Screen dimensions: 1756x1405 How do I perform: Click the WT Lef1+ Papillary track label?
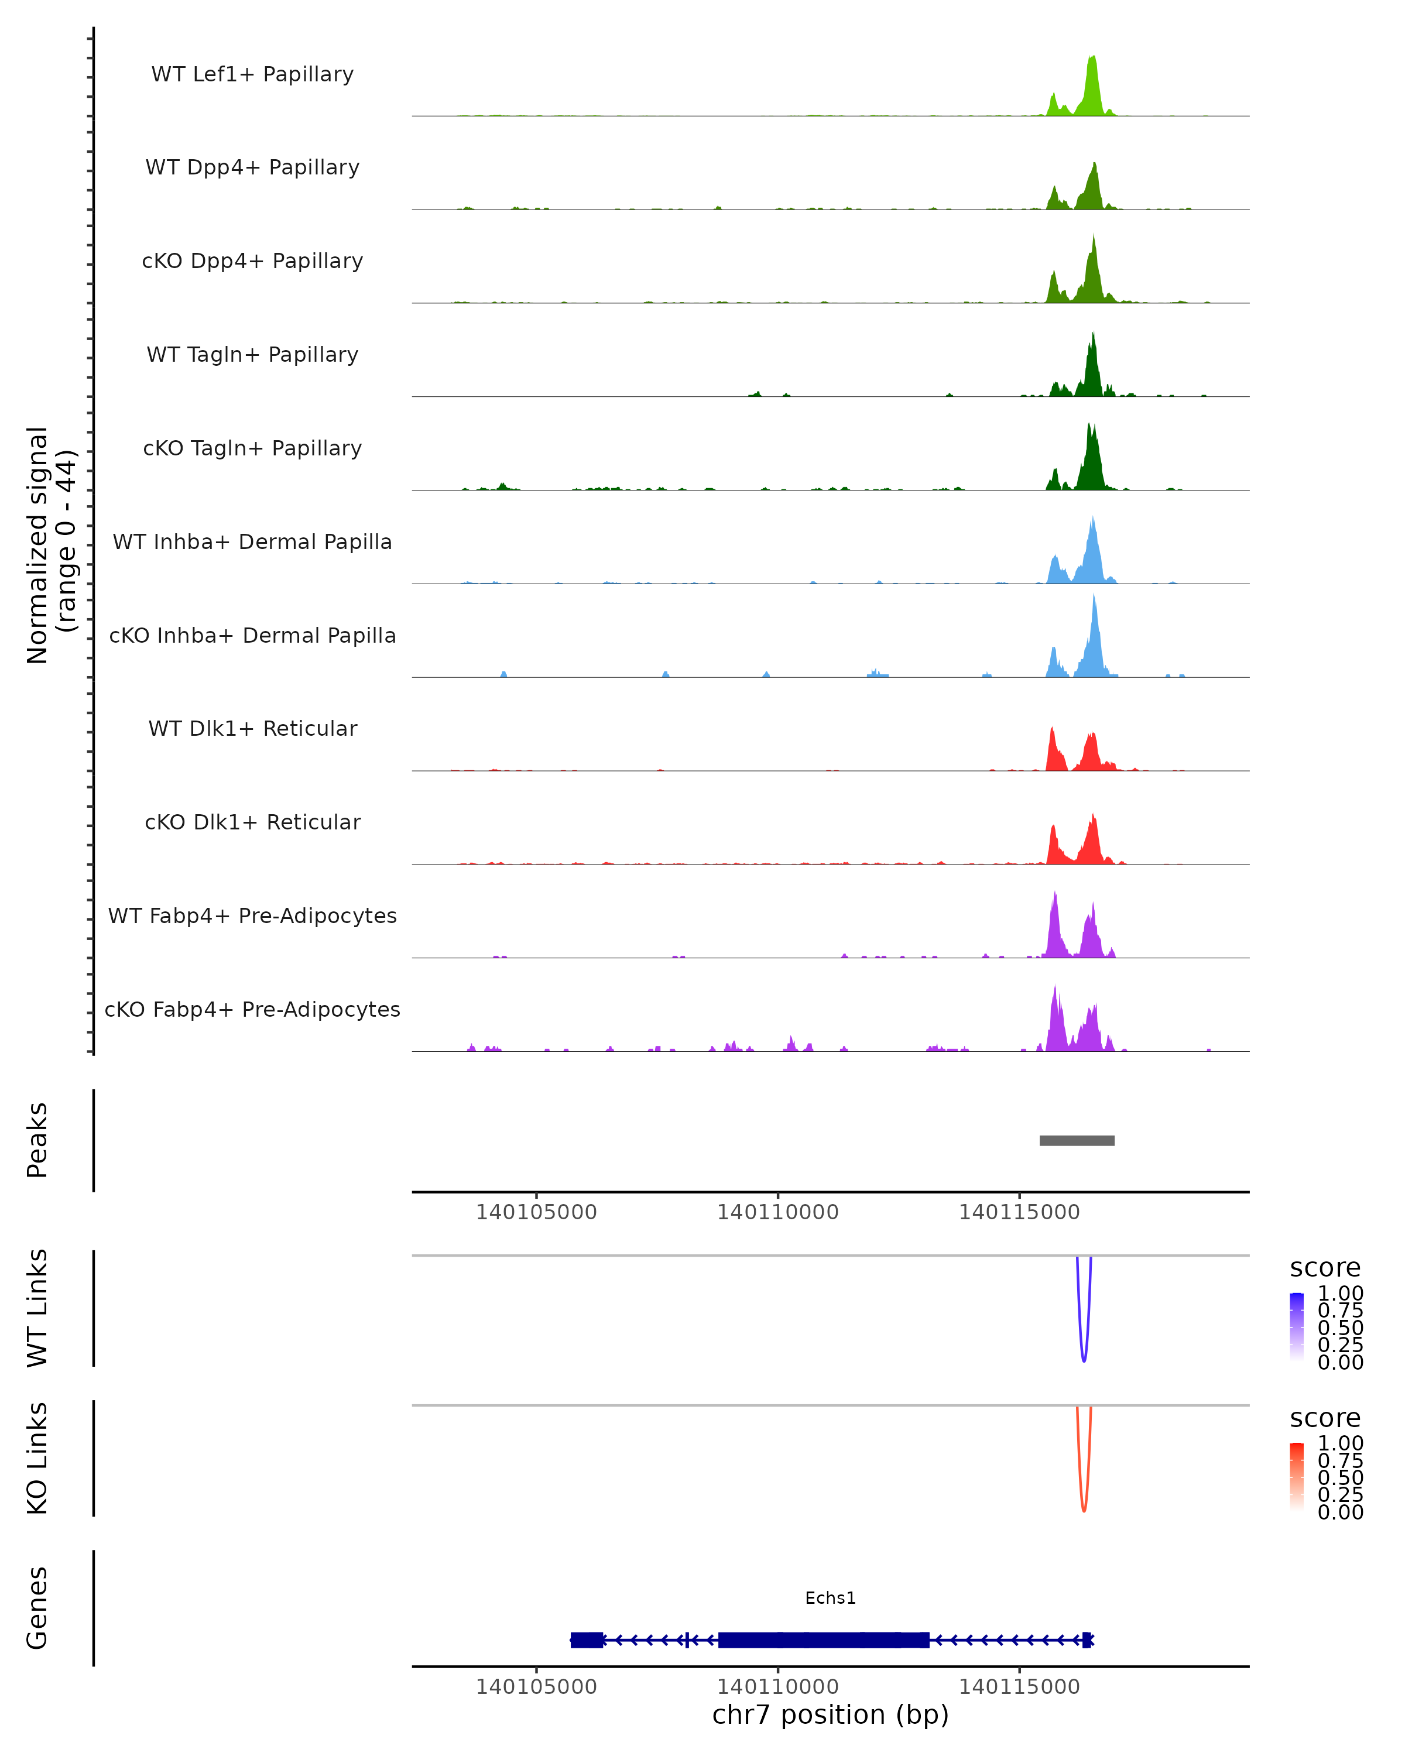tap(252, 74)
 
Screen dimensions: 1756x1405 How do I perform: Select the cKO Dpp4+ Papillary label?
tap(252, 262)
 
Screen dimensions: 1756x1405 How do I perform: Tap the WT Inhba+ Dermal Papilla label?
tap(252, 543)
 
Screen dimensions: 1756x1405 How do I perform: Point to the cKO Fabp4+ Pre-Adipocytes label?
tap(252, 1010)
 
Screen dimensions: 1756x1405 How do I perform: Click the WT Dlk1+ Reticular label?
tap(252, 729)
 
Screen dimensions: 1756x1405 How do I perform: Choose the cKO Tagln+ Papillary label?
tap(252, 449)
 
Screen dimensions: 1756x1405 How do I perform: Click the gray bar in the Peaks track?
tap(1077, 1141)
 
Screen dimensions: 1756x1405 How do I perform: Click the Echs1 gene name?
tap(830, 1599)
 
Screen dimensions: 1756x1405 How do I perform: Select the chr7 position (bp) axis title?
tap(830, 1715)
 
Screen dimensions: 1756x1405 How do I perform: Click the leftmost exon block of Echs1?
tap(587, 1640)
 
